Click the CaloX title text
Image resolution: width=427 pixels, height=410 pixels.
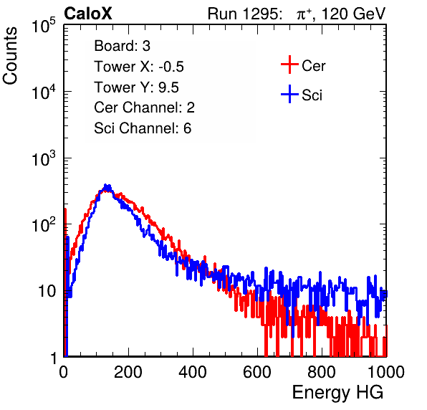[87, 14]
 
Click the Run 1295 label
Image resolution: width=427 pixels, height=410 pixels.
[244, 14]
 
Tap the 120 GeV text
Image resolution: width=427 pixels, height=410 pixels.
[353, 14]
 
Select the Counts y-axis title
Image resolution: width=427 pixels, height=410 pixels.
[10, 56]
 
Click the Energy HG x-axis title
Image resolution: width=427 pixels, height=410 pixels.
[337, 393]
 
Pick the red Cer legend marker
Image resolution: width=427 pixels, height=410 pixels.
[289, 65]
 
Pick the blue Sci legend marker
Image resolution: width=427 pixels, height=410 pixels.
[289, 94]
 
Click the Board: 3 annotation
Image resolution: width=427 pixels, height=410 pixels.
[122, 46]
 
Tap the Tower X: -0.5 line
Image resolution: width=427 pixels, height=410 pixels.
[139, 67]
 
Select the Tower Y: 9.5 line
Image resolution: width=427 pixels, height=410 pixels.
[136, 87]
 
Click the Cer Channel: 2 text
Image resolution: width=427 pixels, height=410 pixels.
[144, 108]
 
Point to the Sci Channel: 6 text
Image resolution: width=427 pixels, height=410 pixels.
[143, 128]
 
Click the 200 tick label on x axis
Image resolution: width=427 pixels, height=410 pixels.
[128, 372]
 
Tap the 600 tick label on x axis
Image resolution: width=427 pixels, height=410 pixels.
[257, 372]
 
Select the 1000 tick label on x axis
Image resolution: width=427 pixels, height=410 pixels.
[386, 372]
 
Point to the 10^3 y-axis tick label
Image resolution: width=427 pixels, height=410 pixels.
[44, 158]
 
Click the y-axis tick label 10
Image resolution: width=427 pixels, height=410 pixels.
[47, 292]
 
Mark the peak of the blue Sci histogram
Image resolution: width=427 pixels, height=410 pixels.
[106, 185]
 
